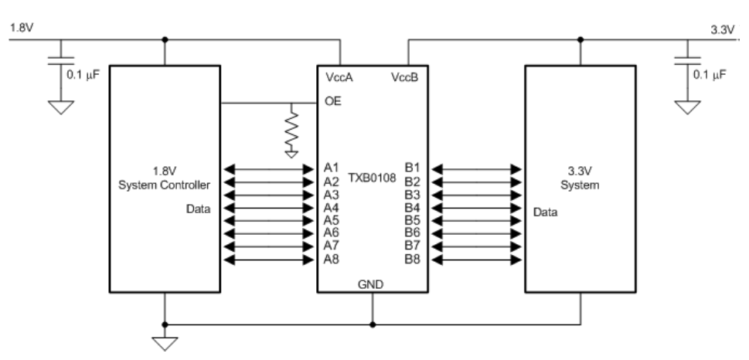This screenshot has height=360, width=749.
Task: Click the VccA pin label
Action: pos(339,77)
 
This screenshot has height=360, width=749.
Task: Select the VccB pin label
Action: pos(404,77)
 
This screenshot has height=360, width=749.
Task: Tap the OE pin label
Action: pos(333,101)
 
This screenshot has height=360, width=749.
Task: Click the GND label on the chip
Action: pos(371,284)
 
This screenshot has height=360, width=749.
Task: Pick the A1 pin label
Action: pos(331,168)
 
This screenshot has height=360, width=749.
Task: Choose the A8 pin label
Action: pos(331,260)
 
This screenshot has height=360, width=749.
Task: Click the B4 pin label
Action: pos(413,208)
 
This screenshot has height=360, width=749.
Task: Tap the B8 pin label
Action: pos(413,260)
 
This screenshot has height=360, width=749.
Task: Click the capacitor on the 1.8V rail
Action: pos(61,60)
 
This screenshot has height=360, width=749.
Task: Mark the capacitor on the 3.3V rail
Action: pos(687,60)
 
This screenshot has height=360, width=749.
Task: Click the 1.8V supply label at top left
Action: pos(22,28)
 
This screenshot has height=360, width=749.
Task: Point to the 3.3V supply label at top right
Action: pos(722,29)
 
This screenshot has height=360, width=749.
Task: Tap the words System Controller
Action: pos(165,185)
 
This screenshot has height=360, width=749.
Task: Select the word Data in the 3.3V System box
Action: pos(546,212)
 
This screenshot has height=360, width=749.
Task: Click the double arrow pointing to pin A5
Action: pos(269,221)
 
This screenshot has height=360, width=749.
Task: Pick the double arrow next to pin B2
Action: pos(476,182)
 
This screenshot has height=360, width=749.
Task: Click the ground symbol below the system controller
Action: pos(165,344)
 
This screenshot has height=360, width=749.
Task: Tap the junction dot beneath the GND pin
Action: pos(373,324)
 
